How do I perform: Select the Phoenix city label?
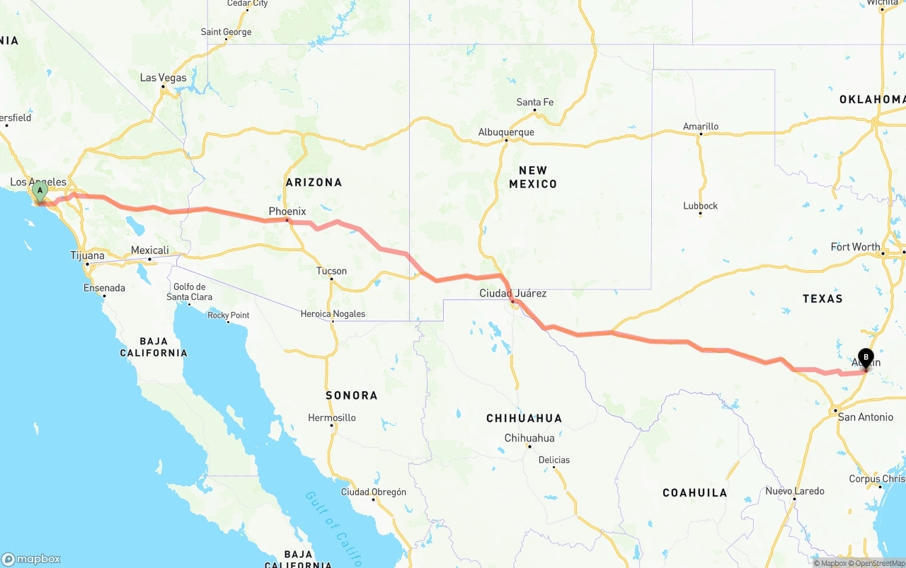click(287, 211)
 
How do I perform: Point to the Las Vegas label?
click(164, 78)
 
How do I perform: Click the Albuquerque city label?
click(506, 132)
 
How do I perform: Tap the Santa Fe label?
click(535, 103)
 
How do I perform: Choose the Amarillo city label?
click(701, 127)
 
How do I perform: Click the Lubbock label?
click(701, 206)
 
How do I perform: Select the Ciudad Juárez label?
click(513, 293)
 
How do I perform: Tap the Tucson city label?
click(332, 271)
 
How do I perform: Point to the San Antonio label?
click(866, 417)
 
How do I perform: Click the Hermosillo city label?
click(332, 418)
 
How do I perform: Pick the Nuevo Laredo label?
click(795, 491)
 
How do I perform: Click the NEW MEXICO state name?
click(533, 177)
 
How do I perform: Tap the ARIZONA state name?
click(314, 182)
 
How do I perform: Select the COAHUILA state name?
click(695, 492)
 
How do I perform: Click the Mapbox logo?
click(31, 559)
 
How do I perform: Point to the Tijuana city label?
click(88, 256)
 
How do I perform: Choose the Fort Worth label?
click(856, 247)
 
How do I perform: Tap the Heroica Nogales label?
click(333, 314)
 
